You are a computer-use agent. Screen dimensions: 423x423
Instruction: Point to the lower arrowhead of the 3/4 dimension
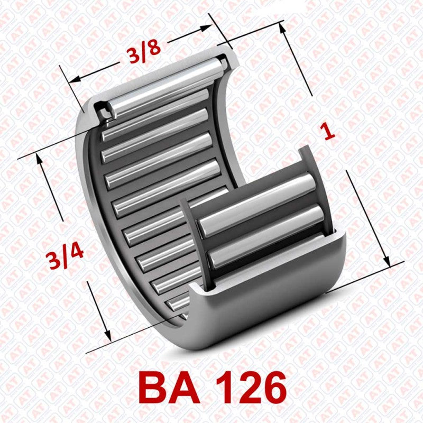107,337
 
